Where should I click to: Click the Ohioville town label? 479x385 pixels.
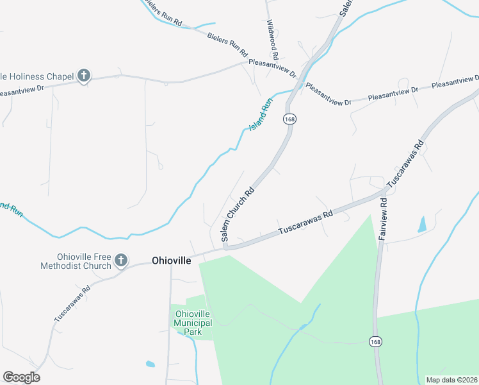click(x=171, y=261)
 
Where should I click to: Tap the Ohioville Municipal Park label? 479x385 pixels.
click(x=193, y=322)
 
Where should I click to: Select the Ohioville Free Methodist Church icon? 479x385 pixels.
click(x=120, y=261)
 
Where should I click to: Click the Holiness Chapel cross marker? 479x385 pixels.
click(x=83, y=76)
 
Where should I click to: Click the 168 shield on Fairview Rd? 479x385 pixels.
click(x=375, y=340)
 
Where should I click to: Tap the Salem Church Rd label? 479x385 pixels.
click(x=238, y=214)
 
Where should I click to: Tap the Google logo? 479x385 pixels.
click(x=21, y=377)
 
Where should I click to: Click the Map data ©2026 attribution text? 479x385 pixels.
click(x=451, y=380)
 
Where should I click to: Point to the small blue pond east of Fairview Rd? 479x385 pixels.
click(x=421, y=224)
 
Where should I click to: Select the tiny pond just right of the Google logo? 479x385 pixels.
click(x=150, y=364)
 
